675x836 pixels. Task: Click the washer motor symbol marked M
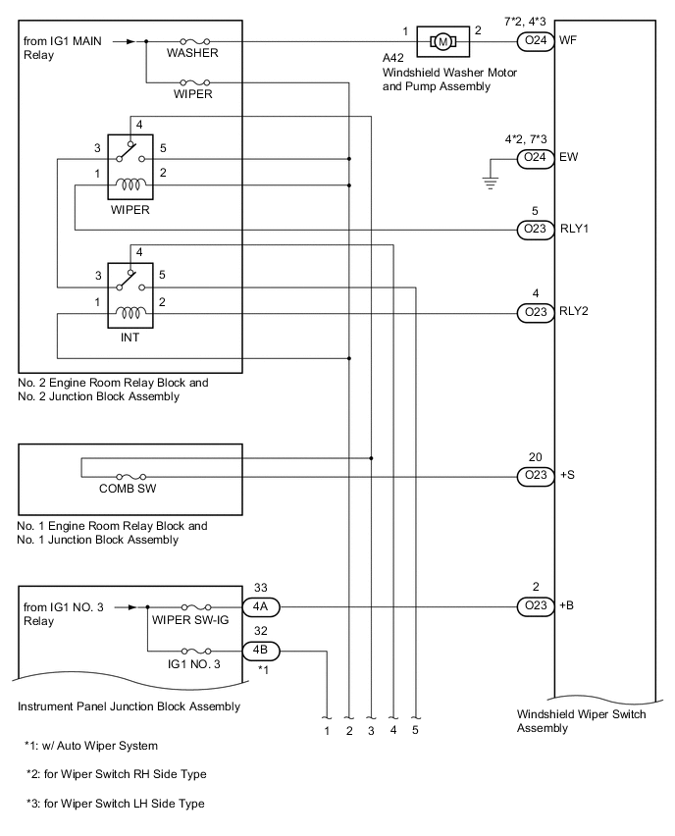point(442,41)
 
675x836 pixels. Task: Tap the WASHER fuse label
point(192,52)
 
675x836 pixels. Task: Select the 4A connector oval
point(262,606)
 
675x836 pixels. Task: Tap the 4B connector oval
point(262,649)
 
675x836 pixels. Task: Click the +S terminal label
point(566,476)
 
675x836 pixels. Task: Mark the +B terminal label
point(566,606)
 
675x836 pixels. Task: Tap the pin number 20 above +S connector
point(535,456)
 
